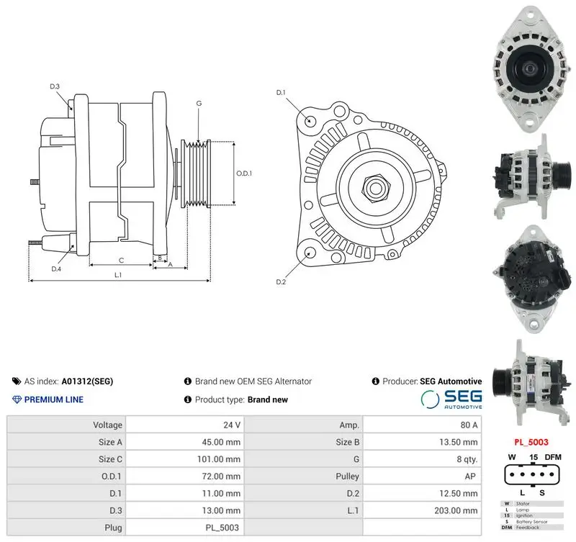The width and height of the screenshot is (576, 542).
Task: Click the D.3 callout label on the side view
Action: [x=55, y=86]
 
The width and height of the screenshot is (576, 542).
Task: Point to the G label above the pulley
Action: [x=199, y=103]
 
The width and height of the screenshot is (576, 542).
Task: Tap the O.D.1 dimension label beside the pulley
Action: [x=244, y=173]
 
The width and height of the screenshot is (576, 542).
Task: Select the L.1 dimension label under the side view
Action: [x=118, y=275]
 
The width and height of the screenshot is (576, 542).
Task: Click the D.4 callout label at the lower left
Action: [x=56, y=269]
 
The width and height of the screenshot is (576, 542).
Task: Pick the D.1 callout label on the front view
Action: [x=281, y=93]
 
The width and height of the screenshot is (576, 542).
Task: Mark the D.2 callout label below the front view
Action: [x=281, y=282]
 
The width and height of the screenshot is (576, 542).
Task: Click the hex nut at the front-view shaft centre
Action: [x=375, y=188]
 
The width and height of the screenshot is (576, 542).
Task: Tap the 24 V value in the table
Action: [x=232, y=425]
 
